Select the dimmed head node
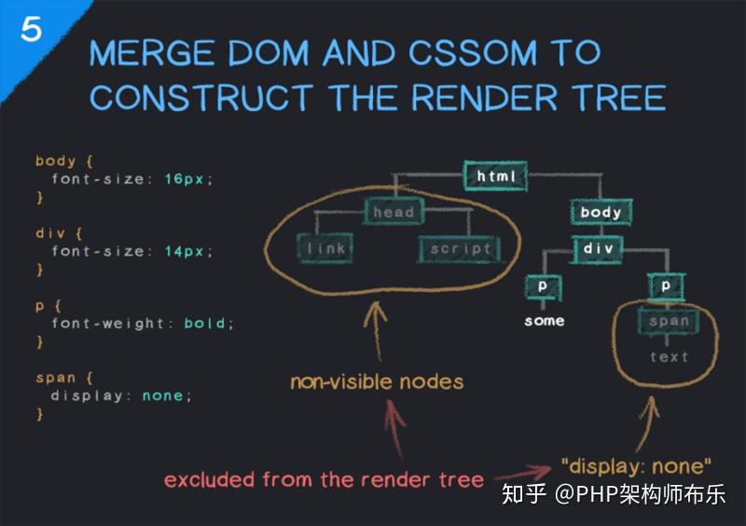click(x=393, y=213)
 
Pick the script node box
click(x=460, y=249)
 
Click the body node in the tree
click(x=601, y=213)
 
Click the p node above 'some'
click(x=543, y=286)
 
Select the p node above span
click(x=666, y=286)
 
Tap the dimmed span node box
click(x=669, y=322)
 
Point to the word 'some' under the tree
click(x=544, y=321)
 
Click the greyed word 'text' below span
click(x=669, y=357)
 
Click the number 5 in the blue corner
click(x=31, y=30)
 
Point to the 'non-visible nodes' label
click(x=376, y=381)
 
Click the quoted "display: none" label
click(x=637, y=465)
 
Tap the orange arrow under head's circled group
click(x=378, y=326)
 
